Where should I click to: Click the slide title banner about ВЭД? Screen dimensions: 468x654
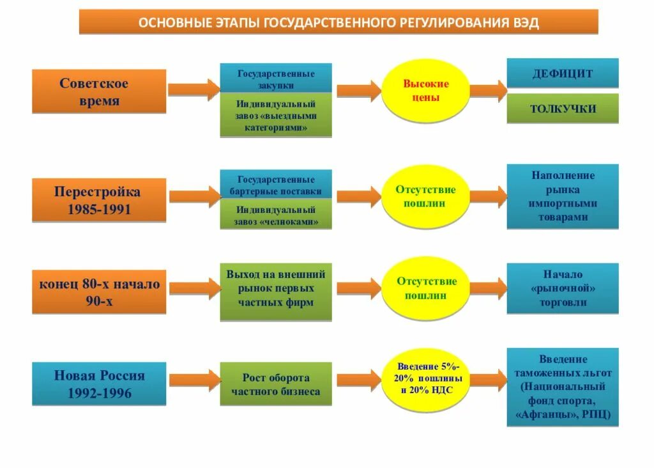[x=338, y=22]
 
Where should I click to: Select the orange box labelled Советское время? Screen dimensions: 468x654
[x=99, y=92]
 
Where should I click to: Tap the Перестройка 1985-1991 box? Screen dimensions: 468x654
[x=99, y=200]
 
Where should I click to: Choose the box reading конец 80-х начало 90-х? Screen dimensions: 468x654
[x=99, y=292]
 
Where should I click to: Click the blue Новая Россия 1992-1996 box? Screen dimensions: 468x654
[x=99, y=384]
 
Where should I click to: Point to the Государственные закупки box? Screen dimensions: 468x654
[x=276, y=79]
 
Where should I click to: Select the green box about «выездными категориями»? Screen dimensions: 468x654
[x=276, y=115]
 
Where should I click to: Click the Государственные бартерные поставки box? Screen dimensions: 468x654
[x=276, y=185]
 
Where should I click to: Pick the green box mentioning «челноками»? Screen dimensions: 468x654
[x=276, y=215]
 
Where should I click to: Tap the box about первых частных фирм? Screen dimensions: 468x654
[x=276, y=292]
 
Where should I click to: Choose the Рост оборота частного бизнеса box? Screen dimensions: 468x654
[x=276, y=384]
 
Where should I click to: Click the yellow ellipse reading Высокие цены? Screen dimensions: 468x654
[x=425, y=91]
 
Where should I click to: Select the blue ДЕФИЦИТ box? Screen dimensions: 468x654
[x=562, y=73]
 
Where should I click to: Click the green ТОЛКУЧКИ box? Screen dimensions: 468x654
[x=562, y=108]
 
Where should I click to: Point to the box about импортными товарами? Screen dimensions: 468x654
[x=562, y=196]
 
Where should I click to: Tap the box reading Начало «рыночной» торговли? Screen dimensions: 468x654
[x=562, y=288]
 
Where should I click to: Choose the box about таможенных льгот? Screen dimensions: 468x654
[x=562, y=387]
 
